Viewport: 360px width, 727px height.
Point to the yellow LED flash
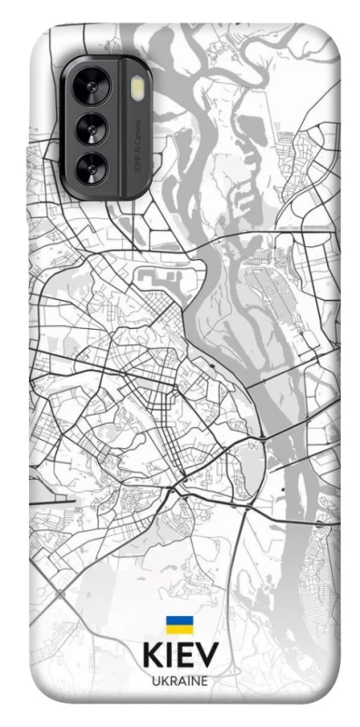coord(138,88)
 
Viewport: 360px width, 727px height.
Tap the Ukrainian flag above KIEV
coord(179,625)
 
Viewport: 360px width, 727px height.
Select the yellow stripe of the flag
coord(179,630)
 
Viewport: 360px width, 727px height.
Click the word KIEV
coord(180,656)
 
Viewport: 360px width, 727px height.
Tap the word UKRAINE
coord(180,681)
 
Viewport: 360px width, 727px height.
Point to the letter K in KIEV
coord(151,656)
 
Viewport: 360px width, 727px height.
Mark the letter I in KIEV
coord(170,656)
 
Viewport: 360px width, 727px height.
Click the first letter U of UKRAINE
coord(155,681)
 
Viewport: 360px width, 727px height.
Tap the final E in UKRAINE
coord(206,681)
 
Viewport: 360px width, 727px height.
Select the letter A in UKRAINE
coord(180,681)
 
